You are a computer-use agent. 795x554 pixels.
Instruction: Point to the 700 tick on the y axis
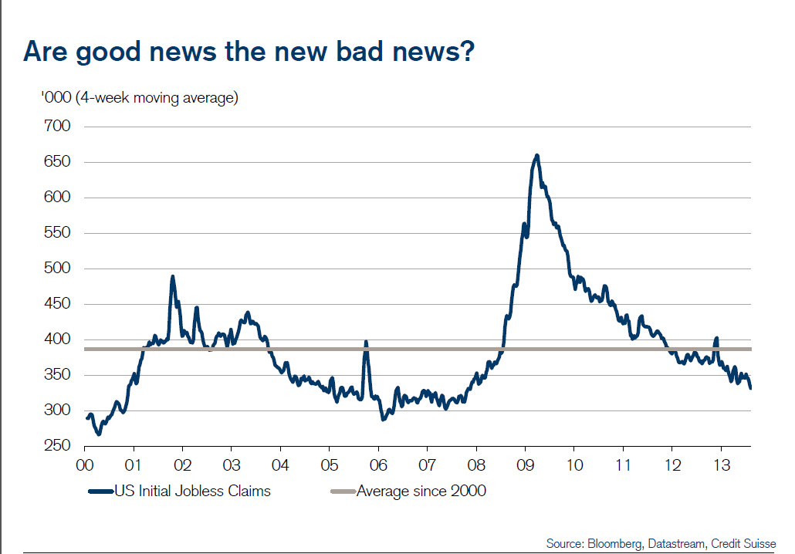click(59, 127)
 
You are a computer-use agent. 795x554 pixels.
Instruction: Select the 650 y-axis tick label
click(59, 162)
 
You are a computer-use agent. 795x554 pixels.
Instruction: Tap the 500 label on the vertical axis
click(59, 269)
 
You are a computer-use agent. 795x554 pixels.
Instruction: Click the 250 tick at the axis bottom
click(59, 446)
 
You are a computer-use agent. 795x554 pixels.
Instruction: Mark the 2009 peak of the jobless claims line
click(536, 155)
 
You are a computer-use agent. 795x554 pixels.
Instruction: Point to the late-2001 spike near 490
click(172, 276)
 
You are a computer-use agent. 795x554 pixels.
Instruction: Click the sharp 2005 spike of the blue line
click(366, 342)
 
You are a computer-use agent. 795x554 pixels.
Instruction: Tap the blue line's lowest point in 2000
click(98, 434)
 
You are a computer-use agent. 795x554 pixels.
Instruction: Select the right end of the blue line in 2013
click(750, 388)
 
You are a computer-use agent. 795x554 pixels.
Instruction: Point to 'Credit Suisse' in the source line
click(744, 543)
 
